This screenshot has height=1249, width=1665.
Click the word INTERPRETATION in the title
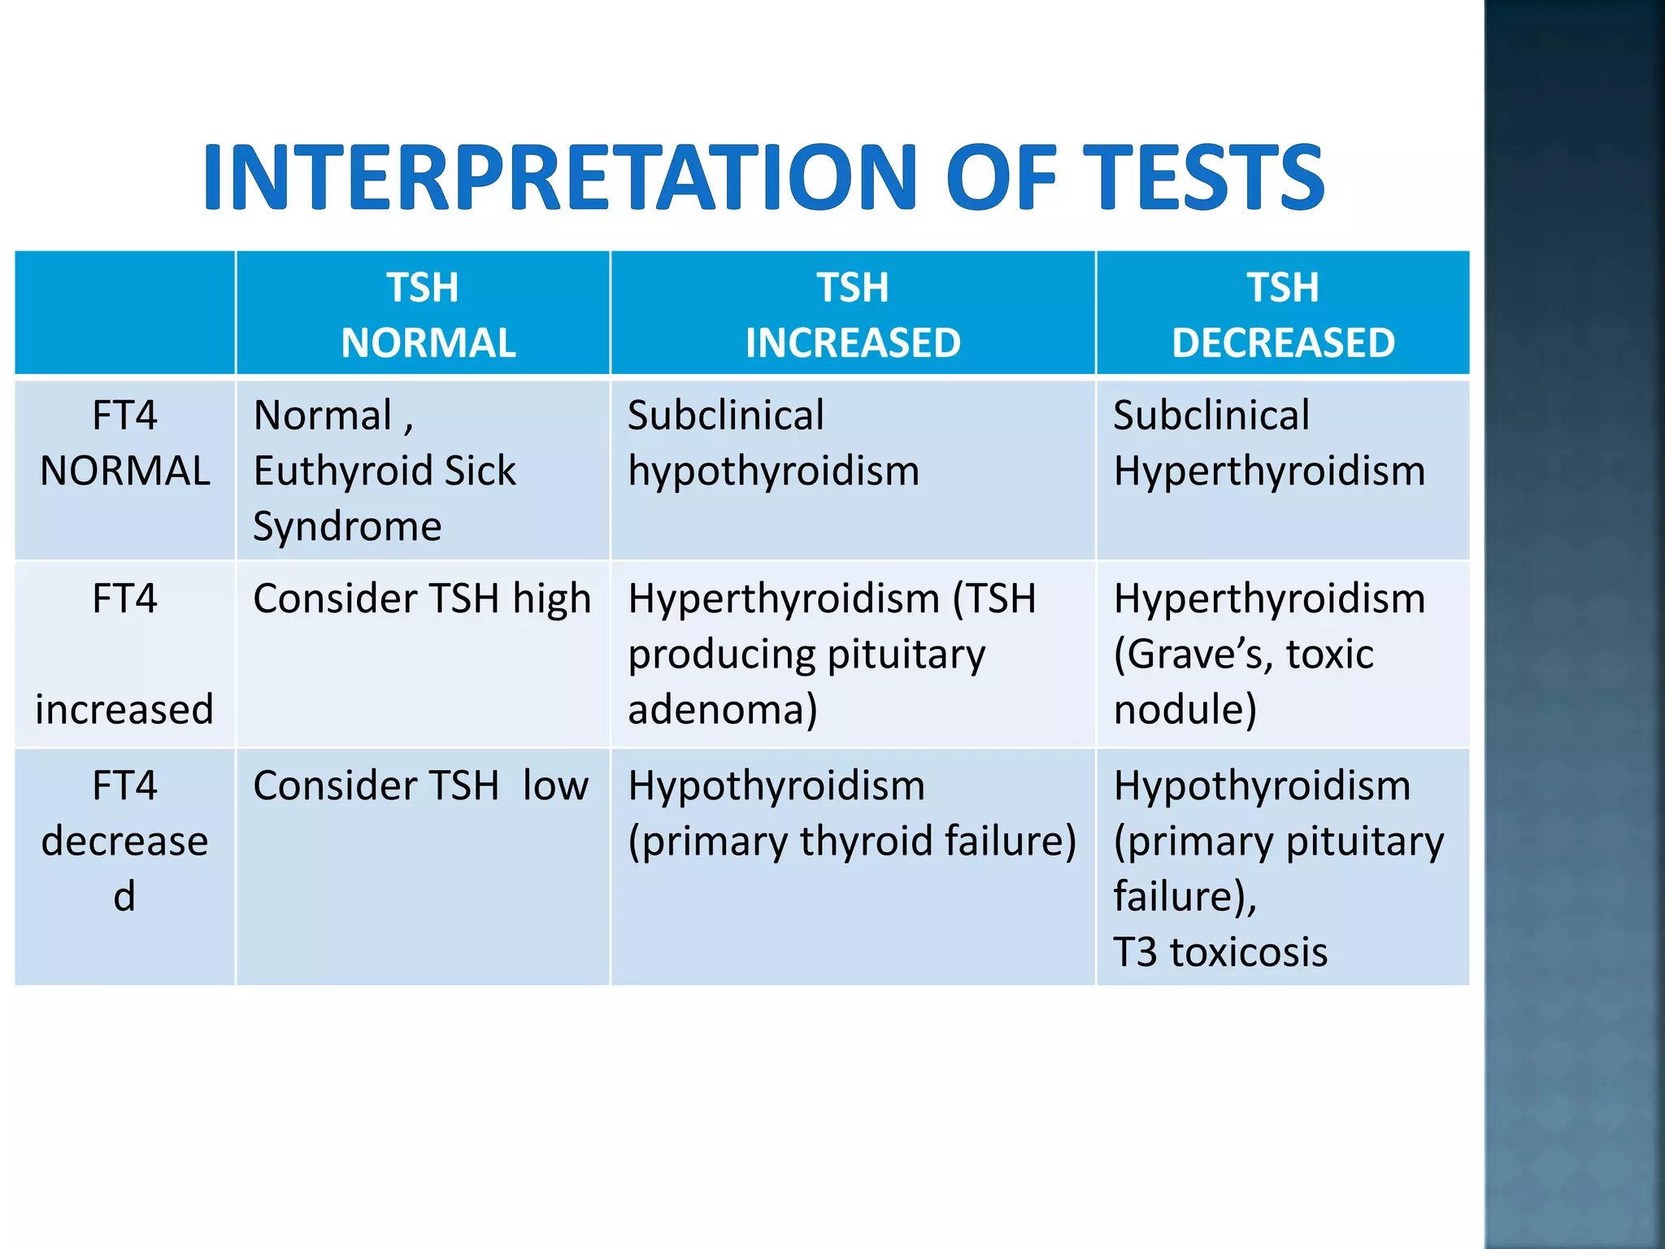click(x=561, y=177)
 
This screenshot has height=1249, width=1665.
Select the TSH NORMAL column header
click(x=424, y=315)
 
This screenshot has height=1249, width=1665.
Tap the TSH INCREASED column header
click(x=853, y=315)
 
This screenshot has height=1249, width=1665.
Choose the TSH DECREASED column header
click(x=1283, y=315)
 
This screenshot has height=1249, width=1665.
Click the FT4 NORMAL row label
click(x=124, y=444)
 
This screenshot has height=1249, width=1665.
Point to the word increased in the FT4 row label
click(x=124, y=709)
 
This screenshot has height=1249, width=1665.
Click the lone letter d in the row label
click(x=124, y=896)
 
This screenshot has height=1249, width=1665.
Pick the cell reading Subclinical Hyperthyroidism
click(x=1268, y=444)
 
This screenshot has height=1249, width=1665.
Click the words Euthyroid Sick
click(x=385, y=471)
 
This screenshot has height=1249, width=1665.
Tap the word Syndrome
click(x=347, y=526)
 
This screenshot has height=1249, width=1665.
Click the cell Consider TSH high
click(x=422, y=599)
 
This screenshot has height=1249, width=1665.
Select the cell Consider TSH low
click(x=420, y=786)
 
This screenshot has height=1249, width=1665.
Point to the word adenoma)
click(x=722, y=709)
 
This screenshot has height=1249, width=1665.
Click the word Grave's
click(x=1193, y=654)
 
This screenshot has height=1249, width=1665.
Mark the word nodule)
click(x=1185, y=709)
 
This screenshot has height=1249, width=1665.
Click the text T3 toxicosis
click(x=1219, y=951)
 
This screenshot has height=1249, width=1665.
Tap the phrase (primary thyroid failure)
click(x=852, y=841)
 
